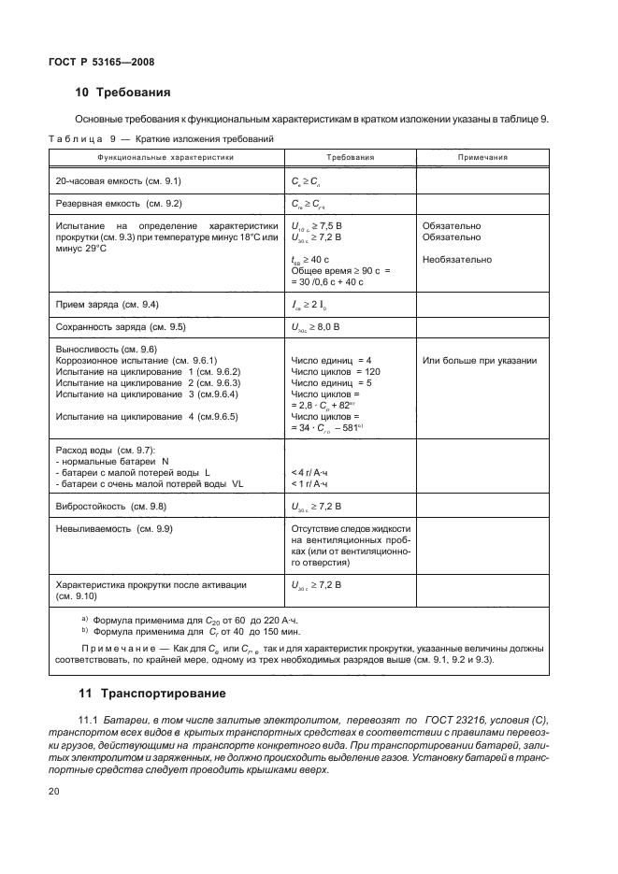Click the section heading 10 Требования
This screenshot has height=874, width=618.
click(122, 93)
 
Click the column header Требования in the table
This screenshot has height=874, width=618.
click(351, 158)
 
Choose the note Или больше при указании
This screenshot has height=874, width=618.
click(479, 360)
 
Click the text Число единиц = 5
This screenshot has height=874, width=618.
click(331, 382)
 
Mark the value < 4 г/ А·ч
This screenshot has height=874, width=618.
click(312, 472)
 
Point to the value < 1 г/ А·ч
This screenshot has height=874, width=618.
click(312, 483)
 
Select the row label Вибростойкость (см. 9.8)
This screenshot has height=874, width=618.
click(111, 506)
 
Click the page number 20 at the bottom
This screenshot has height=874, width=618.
click(52, 792)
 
